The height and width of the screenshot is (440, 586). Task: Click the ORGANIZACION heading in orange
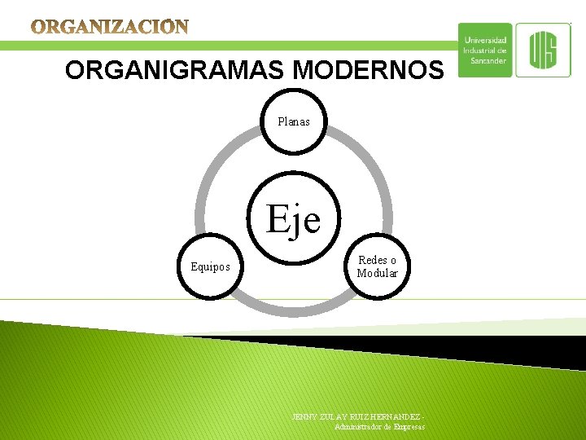coord(110,28)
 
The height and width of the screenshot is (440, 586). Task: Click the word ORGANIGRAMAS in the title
coord(176,71)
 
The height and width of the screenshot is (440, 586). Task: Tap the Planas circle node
coord(294,121)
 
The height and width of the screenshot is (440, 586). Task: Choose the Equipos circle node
coord(210,266)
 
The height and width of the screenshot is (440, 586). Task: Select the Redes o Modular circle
coord(377,266)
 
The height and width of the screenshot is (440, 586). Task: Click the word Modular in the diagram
coord(377,274)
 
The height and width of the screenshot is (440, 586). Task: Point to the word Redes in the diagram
coord(371,260)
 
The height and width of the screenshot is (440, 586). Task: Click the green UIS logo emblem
coord(543,50)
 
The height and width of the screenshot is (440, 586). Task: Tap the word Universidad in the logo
coord(485,40)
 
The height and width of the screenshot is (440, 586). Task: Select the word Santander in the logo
coord(488,60)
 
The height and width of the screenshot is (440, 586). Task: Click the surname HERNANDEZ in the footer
coord(397,416)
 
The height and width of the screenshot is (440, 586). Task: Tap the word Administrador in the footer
coord(359,426)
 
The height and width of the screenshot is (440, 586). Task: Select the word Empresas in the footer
coord(409,426)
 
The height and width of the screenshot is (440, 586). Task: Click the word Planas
coord(294,121)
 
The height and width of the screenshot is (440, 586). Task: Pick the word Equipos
coord(210,266)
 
